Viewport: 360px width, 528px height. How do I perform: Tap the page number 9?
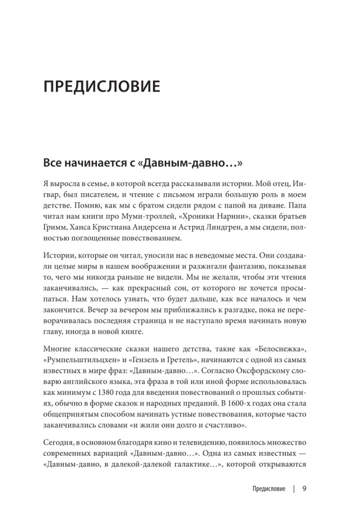(304, 488)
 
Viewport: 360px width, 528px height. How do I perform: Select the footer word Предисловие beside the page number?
(269, 488)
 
